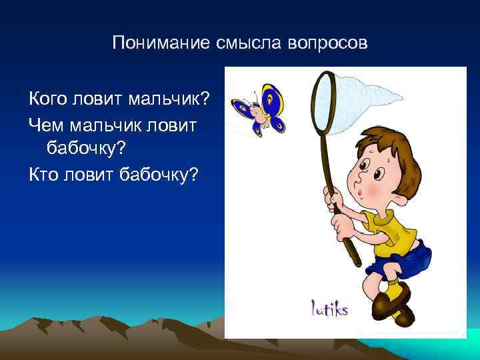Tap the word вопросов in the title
pyautogui.click(x=328, y=43)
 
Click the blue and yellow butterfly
pyautogui.click(x=260, y=109)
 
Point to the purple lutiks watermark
pyautogui.click(x=329, y=308)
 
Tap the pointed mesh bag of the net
pyautogui.click(x=373, y=93)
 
